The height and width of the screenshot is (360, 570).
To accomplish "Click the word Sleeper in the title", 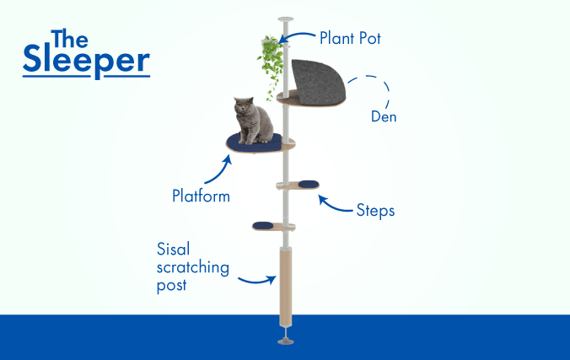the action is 87,60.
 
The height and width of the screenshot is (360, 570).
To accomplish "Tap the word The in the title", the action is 69,39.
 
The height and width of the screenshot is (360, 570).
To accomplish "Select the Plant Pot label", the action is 350,38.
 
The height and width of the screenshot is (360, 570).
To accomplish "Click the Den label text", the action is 384,116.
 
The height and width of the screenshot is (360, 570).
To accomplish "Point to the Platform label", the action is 201,196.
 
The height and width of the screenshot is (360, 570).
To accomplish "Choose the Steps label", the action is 375,211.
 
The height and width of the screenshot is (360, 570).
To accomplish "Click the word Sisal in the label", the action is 174,250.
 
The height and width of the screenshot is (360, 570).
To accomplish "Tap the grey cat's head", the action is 244,106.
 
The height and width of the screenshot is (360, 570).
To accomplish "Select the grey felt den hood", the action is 317,82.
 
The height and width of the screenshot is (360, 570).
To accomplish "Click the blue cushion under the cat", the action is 254,143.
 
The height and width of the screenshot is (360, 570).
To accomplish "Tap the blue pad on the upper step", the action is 309,185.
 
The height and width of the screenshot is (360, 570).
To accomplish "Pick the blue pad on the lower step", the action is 263,226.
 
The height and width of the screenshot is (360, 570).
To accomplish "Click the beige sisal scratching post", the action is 285,287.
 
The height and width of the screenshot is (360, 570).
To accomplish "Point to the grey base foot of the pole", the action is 286,341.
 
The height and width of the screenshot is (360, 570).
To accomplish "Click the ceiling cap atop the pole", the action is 286,19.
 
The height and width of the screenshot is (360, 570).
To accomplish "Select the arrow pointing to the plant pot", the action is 296,35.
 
